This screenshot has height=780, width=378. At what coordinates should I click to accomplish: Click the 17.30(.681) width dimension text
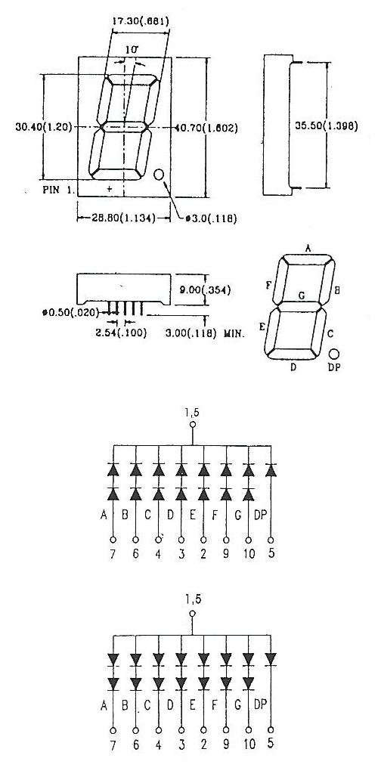[141, 21]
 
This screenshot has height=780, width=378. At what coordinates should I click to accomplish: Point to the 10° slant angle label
[132, 50]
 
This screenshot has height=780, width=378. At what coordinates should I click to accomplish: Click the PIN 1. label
[57, 189]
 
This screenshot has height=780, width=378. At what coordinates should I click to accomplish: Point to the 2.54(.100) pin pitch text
[121, 333]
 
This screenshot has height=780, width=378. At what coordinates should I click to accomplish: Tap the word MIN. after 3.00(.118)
[234, 333]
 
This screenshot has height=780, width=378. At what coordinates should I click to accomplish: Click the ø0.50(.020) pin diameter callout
[70, 312]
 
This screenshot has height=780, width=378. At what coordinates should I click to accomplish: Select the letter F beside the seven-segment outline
[268, 285]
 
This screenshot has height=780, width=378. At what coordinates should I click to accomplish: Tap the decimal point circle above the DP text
[334, 354]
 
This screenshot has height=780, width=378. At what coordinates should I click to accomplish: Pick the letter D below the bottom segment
[293, 367]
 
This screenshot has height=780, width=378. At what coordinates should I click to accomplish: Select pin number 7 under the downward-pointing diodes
[113, 744]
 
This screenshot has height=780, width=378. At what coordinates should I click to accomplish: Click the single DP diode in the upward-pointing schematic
[271, 469]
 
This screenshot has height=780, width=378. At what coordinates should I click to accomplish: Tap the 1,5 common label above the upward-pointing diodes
[193, 412]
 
